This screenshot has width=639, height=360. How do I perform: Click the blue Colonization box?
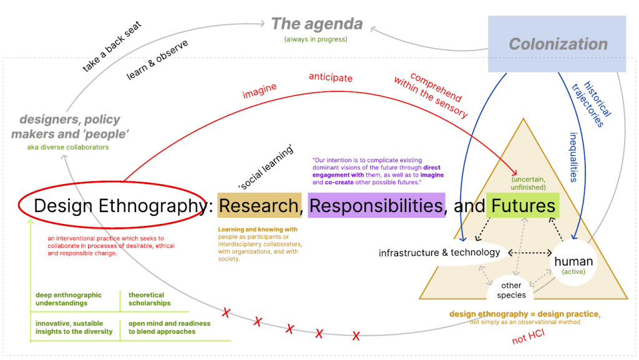tap(557, 44)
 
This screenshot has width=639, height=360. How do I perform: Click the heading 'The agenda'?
tap(316, 24)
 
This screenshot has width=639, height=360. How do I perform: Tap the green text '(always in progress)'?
tap(316, 39)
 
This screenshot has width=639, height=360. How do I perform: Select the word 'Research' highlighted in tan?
tap(259, 205)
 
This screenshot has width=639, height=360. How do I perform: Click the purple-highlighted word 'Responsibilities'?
tap(376, 205)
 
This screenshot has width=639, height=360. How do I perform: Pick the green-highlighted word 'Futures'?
tap(523, 205)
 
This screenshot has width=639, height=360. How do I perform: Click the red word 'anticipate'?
tap(331, 78)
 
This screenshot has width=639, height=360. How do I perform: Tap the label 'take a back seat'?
tap(112, 47)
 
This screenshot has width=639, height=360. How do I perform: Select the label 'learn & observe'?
tap(157, 60)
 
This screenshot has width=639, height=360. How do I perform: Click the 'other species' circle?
tap(512, 290)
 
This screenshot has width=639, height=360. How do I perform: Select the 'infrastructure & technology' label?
tap(439, 253)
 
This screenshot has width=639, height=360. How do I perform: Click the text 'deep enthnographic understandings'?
tap(69, 299)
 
